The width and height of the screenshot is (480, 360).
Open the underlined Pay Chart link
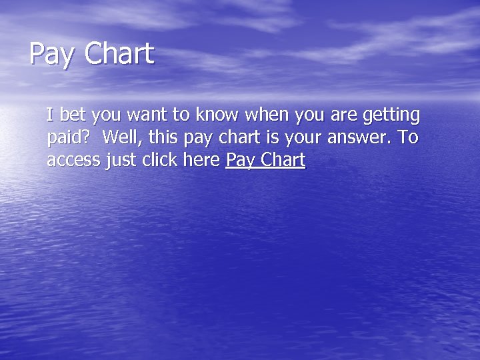pos(265,161)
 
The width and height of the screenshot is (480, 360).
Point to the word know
pos(217,115)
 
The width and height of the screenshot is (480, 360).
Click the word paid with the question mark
pos(69,138)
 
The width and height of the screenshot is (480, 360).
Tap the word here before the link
pos(202,160)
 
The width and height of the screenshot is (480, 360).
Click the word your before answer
pos(303,139)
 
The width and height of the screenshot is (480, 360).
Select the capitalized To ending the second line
pos(407,138)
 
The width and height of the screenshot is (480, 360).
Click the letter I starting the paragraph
pos(49,115)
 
